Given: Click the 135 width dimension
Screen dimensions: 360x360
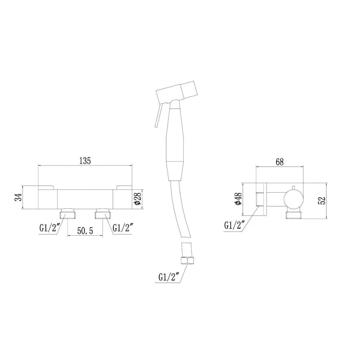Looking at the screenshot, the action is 85,161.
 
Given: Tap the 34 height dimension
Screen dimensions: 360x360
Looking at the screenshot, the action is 18,197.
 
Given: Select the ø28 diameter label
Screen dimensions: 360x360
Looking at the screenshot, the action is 137,198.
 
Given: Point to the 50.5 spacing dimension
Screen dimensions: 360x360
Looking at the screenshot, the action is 85,231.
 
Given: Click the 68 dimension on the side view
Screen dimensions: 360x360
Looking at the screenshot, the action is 279,162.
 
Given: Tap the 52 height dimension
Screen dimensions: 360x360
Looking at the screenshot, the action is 322,200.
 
